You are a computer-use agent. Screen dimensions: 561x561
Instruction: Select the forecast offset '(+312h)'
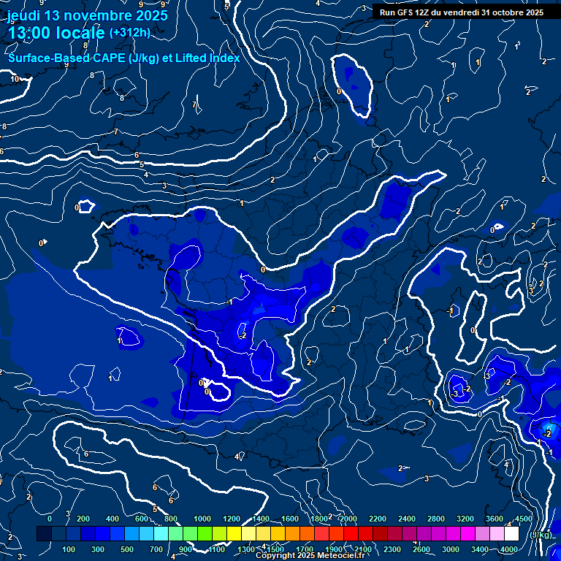[x=130, y=32]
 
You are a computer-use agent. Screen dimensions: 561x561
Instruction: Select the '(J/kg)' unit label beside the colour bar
[x=541, y=535]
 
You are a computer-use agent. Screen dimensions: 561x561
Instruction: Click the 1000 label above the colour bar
[x=202, y=519]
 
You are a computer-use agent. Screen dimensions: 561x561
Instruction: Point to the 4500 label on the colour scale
[x=523, y=519]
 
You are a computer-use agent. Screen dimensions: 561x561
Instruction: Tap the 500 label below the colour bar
[x=127, y=549]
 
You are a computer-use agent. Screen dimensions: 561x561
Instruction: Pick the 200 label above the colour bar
[x=83, y=519]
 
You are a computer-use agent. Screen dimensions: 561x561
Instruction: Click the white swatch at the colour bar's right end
[x=511, y=534]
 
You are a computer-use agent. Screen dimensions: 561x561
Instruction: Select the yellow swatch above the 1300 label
[x=248, y=534]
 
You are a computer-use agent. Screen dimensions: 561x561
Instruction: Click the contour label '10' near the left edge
[x=15, y=79]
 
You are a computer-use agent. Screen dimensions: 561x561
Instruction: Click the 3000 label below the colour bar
[x=450, y=549]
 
